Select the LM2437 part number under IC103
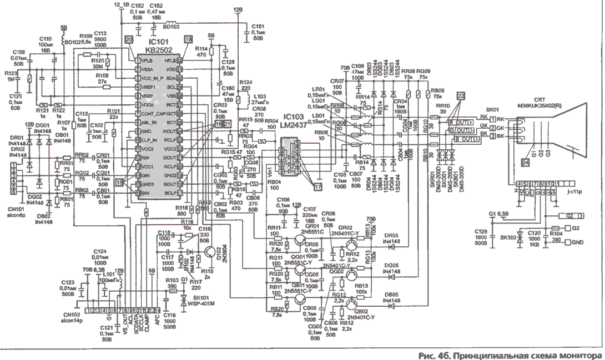[295, 125]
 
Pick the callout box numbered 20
[129, 40]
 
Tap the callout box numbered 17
[318, 187]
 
